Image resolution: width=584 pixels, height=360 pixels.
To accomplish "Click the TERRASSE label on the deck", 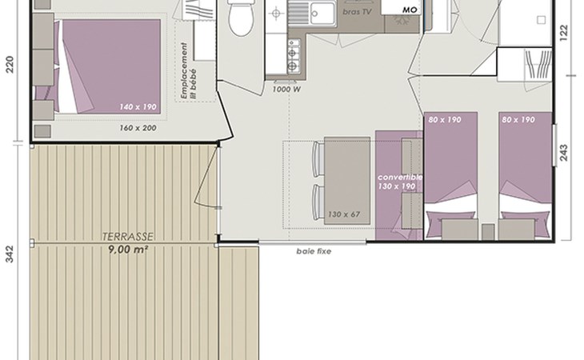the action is [128, 237].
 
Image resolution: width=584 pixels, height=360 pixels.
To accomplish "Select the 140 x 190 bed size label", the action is [138, 107].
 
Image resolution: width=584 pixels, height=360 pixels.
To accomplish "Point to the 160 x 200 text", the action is [138, 128].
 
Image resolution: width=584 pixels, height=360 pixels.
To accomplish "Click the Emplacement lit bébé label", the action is [189, 70].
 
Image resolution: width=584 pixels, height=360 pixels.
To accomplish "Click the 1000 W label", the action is [286, 90].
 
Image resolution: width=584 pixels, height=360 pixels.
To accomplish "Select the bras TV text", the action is [357, 12].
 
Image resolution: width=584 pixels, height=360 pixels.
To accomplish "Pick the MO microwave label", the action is [410, 10].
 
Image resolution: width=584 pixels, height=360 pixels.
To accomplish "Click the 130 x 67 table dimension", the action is [344, 214].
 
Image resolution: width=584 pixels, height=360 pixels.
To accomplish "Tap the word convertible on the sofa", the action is [400, 178].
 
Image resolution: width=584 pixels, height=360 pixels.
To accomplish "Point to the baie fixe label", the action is [314, 251].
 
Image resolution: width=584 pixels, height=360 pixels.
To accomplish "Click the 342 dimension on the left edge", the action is [10, 254].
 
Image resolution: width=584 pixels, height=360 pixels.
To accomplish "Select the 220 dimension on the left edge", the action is [10, 65].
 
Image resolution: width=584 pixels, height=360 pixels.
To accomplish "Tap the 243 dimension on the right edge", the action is [563, 153].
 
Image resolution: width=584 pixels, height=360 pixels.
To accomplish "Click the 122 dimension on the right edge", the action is [563, 33].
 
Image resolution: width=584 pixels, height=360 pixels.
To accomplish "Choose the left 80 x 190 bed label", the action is [445, 120].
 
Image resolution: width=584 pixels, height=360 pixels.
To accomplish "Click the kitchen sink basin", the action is [322, 14].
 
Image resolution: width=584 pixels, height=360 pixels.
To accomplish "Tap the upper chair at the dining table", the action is [318, 159].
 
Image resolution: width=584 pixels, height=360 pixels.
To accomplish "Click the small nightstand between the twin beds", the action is [488, 231].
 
